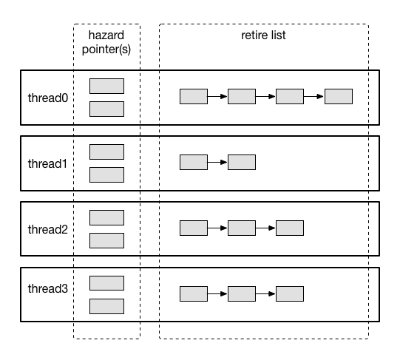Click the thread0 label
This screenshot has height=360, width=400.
point(48,98)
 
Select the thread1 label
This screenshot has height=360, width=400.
point(47,163)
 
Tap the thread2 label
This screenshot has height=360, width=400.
point(48,229)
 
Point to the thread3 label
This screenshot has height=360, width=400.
point(48,288)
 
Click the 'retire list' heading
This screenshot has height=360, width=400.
point(263,35)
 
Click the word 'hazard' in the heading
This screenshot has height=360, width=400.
point(106,35)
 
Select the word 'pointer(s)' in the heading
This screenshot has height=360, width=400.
point(106,50)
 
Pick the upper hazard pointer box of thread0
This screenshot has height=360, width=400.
point(107,86)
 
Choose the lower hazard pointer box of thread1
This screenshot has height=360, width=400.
point(107,174)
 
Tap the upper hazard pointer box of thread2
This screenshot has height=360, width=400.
point(107,217)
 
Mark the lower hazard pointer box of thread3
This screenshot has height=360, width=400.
point(107,307)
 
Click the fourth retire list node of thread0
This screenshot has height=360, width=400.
point(339,96)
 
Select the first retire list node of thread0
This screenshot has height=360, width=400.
point(194,96)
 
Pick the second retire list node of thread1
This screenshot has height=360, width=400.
point(242,163)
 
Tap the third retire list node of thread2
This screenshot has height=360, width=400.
point(290,228)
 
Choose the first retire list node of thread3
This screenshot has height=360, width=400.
point(194,294)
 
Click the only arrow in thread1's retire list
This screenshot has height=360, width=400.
point(217,163)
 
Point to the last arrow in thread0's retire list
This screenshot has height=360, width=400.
point(313,96)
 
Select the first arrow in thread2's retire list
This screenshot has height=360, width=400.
point(217,228)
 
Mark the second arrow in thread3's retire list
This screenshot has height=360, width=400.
point(265,294)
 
